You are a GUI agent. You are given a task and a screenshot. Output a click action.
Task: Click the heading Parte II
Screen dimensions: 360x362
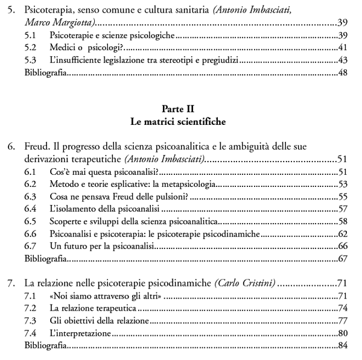pos(181,109)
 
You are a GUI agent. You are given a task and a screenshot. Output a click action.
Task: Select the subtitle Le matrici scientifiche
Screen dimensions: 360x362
pos(181,121)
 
